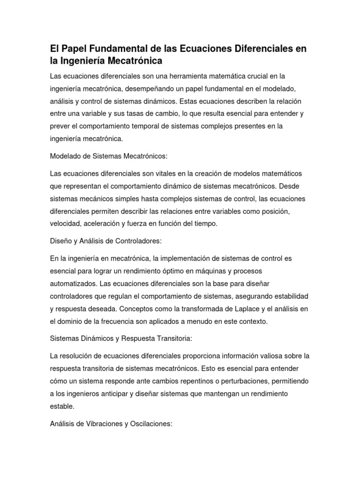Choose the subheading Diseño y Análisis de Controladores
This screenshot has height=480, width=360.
[105, 240]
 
